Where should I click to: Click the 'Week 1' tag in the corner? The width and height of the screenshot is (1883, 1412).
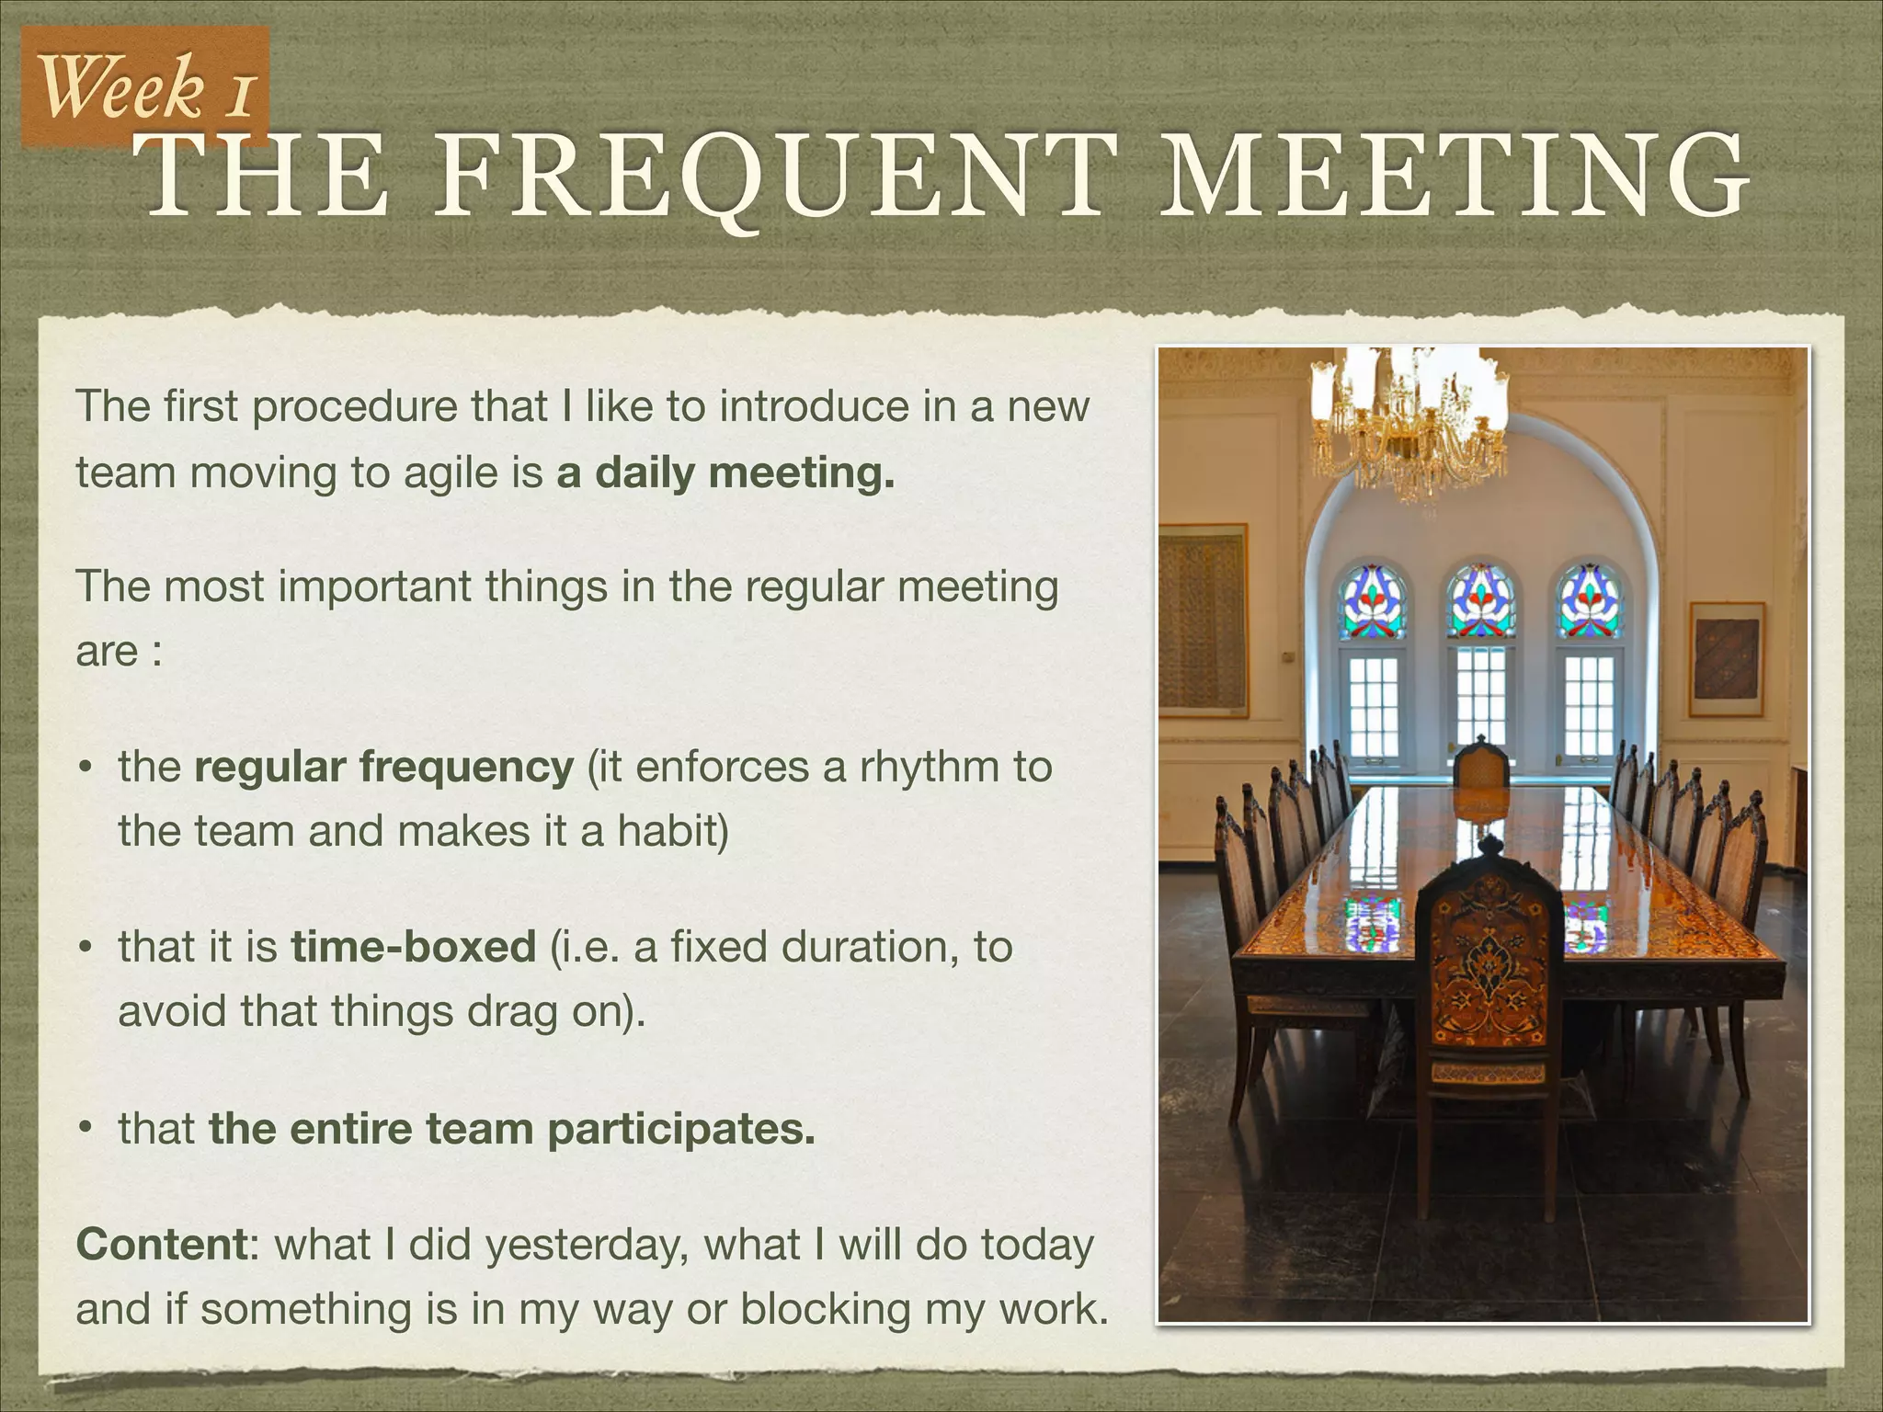click(145, 86)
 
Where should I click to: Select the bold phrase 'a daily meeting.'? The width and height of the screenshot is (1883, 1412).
click(725, 473)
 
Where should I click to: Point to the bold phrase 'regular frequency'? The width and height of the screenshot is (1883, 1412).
click(383, 767)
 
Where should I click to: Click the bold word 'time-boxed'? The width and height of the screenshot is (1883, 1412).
click(413, 947)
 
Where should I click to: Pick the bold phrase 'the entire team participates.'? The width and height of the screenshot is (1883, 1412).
click(512, 1129)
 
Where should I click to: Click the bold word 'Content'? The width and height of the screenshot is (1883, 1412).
click(162, 1245)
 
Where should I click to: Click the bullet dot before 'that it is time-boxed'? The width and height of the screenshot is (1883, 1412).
click(85, 948)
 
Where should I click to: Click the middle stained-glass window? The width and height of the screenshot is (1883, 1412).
click(1480, 602)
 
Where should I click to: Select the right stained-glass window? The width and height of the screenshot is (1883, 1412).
click(1588, 602)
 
